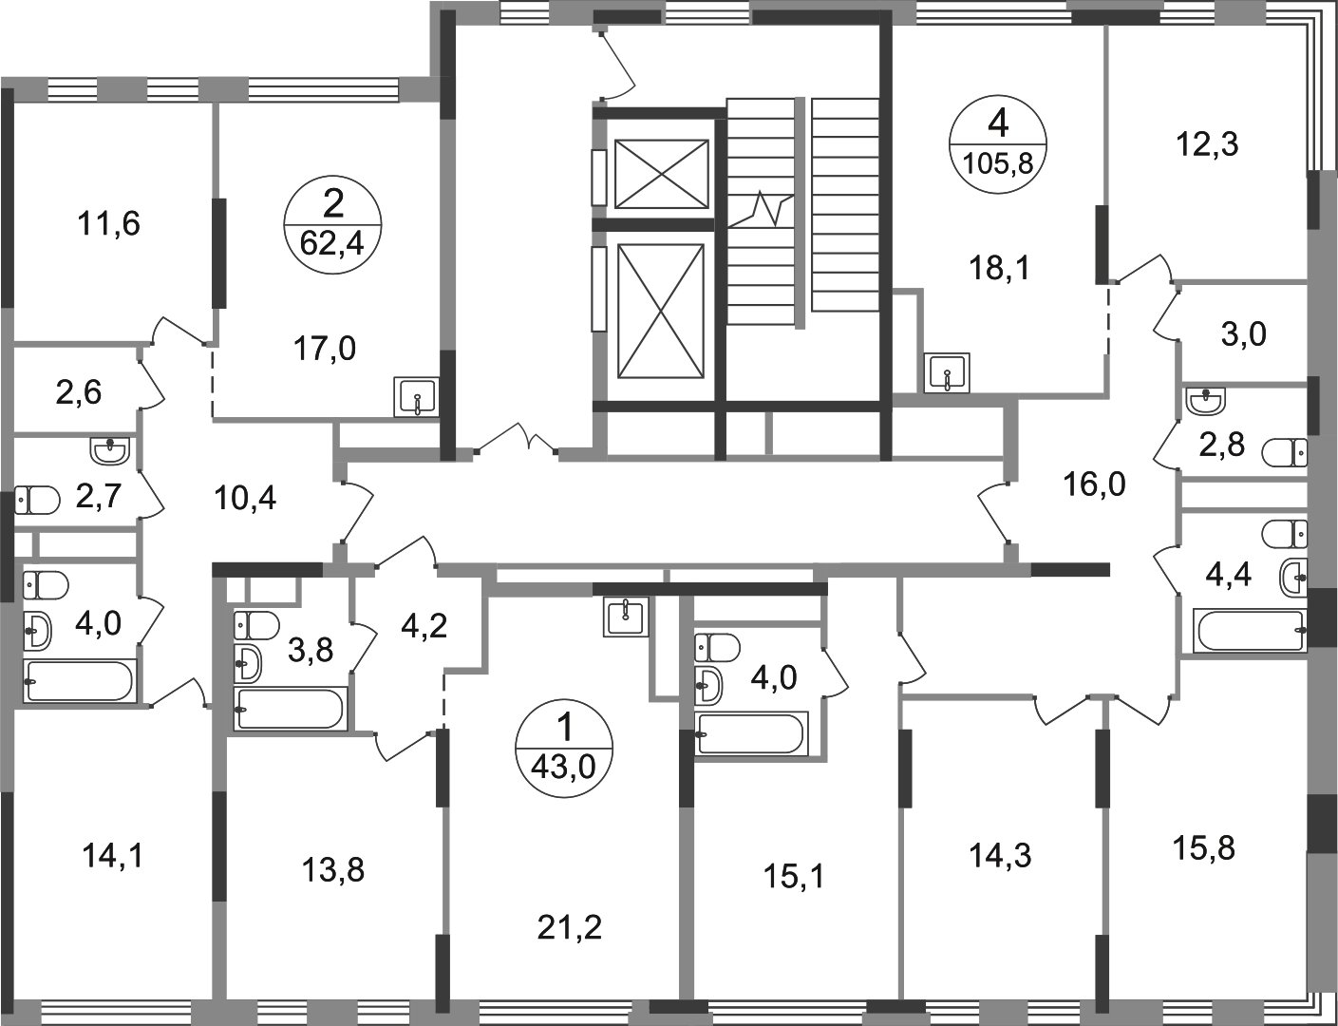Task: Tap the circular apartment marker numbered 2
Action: (333, 225)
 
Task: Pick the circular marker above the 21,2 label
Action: (561, 744)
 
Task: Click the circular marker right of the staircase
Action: (994, 143)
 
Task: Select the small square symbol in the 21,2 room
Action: (626, 618)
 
